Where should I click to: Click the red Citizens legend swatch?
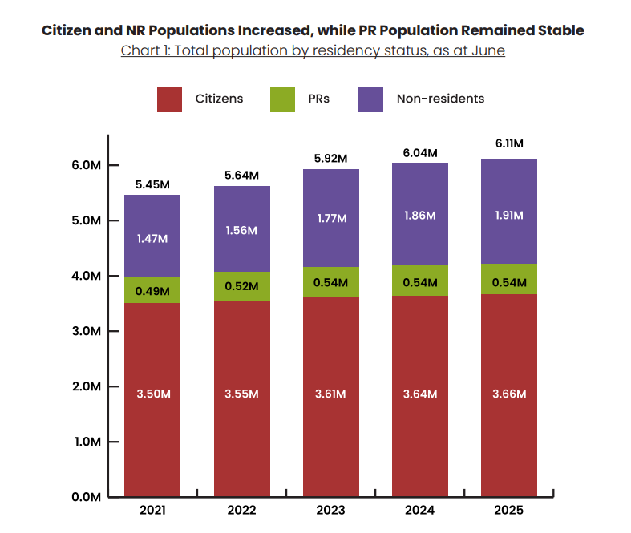[x=170, y=99]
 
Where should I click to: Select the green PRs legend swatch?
[x=283, y=99]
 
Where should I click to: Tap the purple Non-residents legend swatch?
[x=371, y=99]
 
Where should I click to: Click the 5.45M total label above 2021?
[x=152, y=184]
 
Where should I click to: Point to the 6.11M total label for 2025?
[x=508, y=143]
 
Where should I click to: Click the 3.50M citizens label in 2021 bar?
[x=152, y=394]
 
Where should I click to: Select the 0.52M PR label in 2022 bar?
[x=241, y=286]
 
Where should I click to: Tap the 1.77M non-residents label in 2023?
[x=330, y=218]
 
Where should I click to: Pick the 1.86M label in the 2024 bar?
[x=419, y=216]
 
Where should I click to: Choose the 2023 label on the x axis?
[x=330, y=511]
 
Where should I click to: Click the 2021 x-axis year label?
[x=152, y=511]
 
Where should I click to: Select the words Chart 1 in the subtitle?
[x=143, y=50]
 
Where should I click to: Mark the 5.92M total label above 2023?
[x=330, y=159]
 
